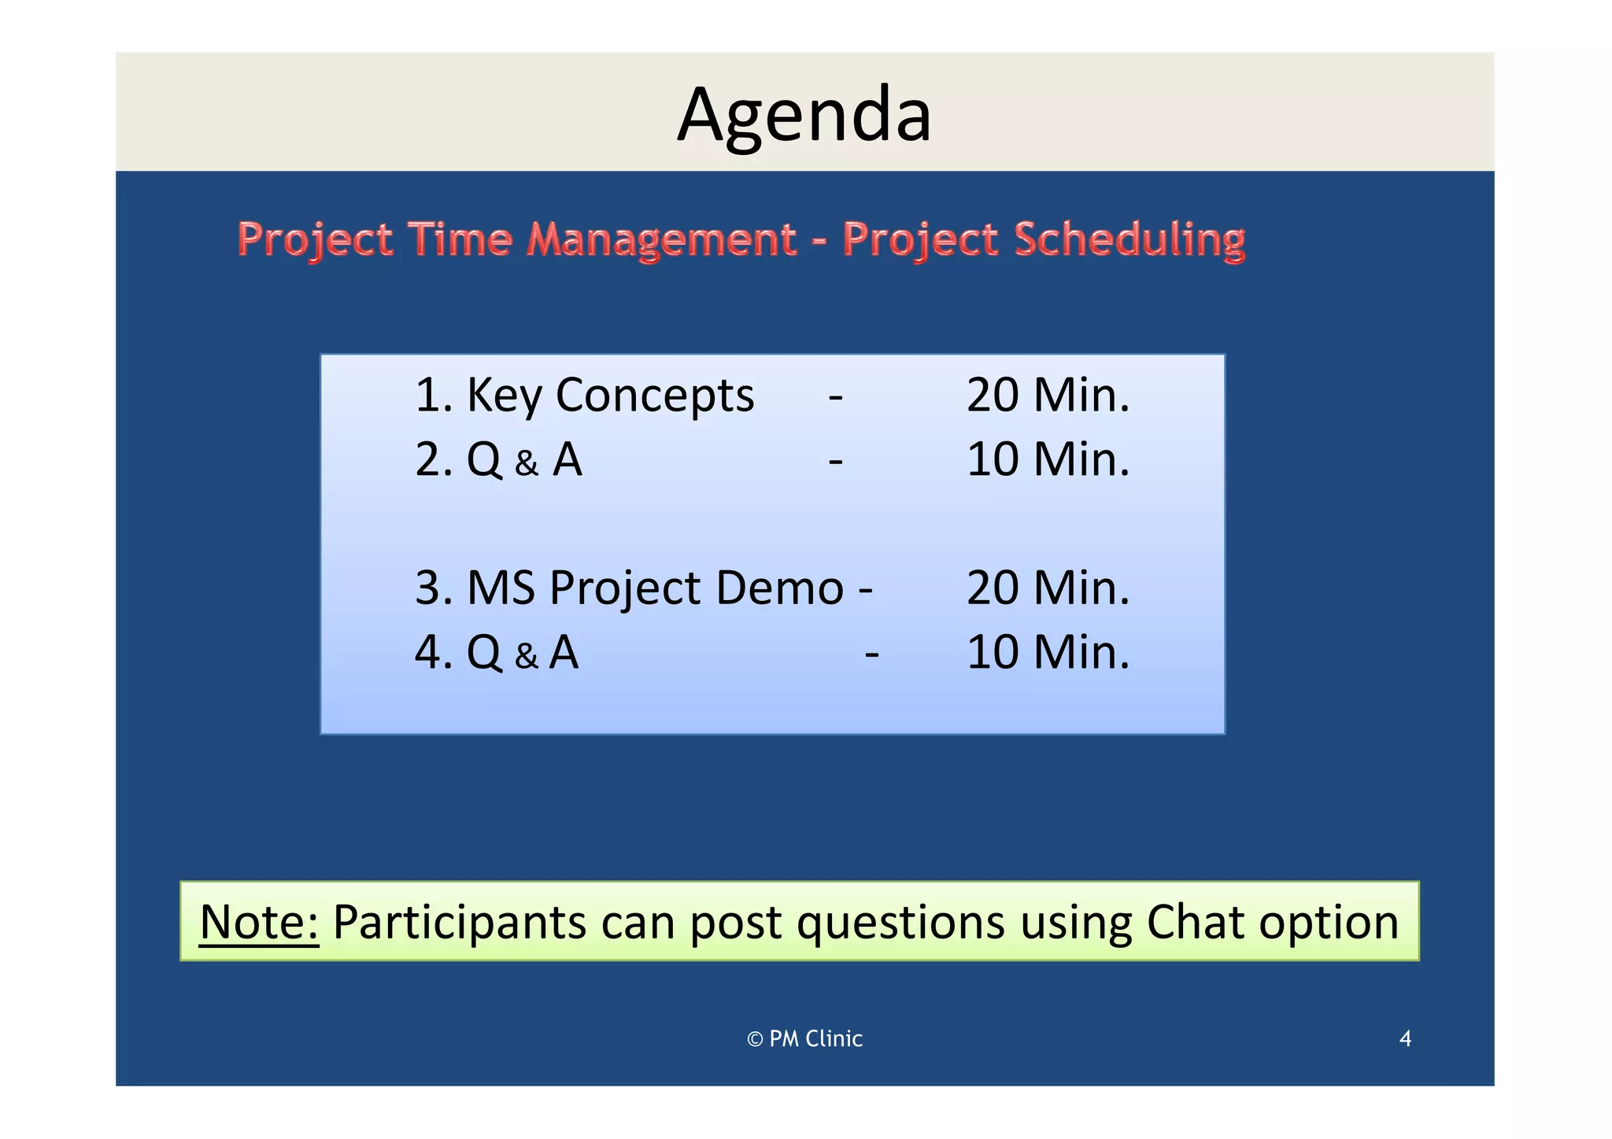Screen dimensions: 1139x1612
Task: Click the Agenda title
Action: tap(804, 115)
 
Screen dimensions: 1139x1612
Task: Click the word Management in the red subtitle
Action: tap(661, 240)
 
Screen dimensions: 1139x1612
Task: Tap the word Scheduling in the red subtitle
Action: tap(1129, 240)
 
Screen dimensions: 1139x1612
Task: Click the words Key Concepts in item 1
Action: tap(610, 396)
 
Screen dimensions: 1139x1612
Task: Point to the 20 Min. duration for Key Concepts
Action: tap(1047, 396)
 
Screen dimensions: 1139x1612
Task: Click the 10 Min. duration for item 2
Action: tap(1047, 460)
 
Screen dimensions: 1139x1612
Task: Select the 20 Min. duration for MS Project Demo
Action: tap(1047, 588)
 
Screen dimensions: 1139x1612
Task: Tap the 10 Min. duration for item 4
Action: tap(1047, 653)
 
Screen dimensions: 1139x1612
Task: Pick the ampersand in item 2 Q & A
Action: tap(527, 463)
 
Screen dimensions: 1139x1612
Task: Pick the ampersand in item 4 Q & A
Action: tap(527, 656)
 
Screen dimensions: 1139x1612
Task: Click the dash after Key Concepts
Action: tap(835, 396)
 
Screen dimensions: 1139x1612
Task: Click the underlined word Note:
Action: tap(259, 922)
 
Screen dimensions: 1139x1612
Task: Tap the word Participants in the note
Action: tap(459, 922)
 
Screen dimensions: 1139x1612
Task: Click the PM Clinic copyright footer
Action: tap(804, 1039)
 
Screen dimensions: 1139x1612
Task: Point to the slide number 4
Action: tap(1405, 1039)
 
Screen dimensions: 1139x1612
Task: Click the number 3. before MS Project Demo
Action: tap(433, 588)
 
